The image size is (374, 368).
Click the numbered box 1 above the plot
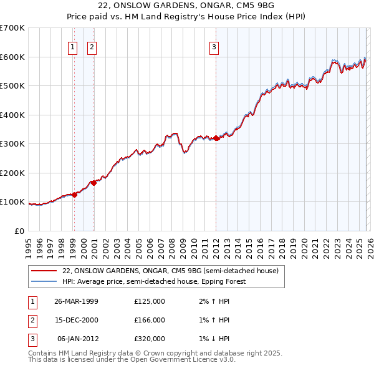(x=72, y=46)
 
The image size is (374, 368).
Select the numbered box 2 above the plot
(x=92, y=46)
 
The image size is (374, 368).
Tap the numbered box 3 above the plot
(x=214, y=46)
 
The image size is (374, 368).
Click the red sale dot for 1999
(x=74, y=195)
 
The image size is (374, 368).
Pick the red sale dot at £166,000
(x=93, y=183)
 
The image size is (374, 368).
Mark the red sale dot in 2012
(x=216, y=138)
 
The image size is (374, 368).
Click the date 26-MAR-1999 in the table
(x=76, y=301)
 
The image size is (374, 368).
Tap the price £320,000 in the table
(x=150, y=339)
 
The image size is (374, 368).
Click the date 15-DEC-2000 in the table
(x=76, y=320)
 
